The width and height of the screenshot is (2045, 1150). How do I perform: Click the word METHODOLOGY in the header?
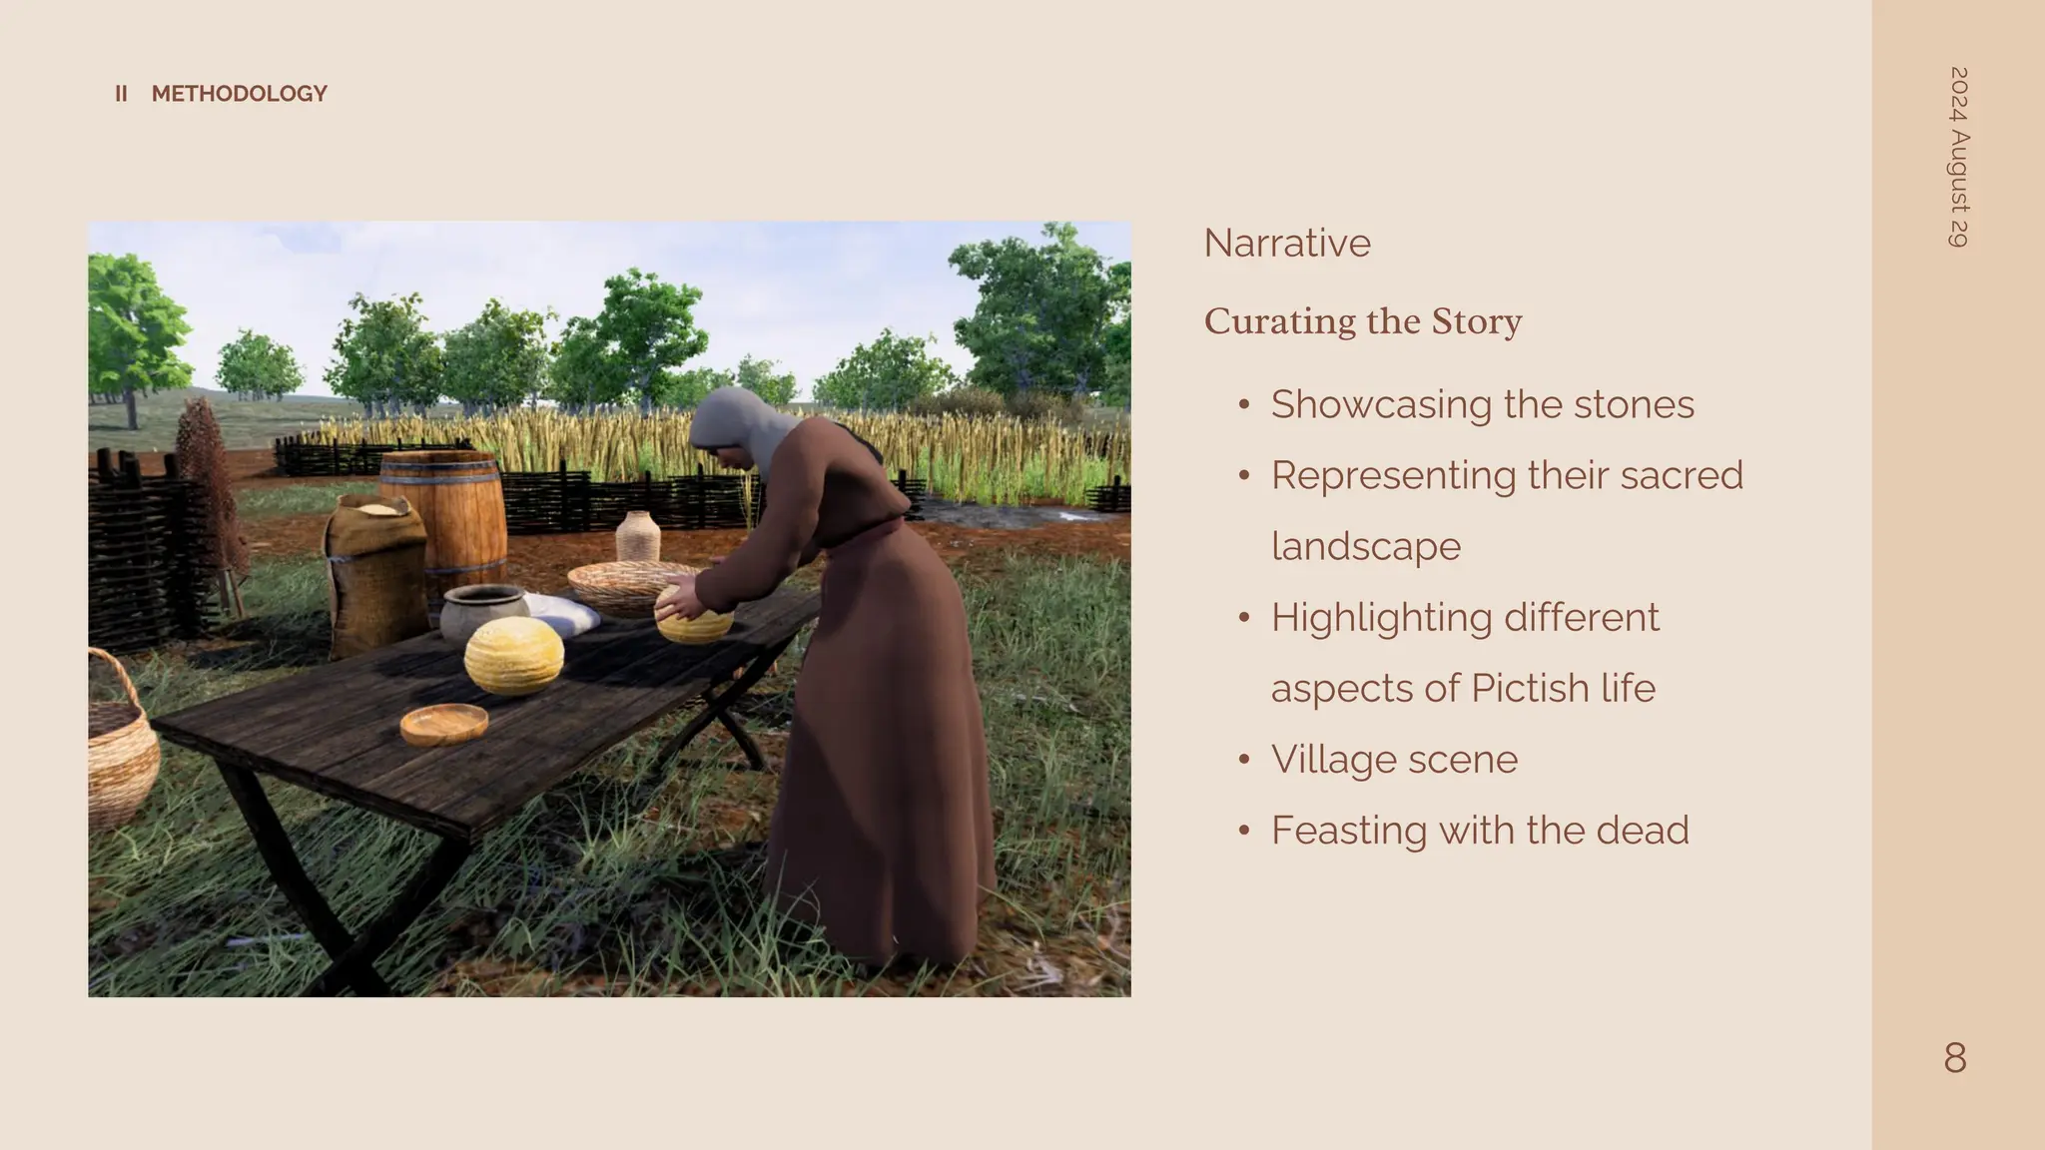click(x=239, y=94)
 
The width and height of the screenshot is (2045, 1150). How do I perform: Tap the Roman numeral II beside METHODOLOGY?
click(x=121, y=94)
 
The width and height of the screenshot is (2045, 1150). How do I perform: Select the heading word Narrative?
click(x=1287, y=243)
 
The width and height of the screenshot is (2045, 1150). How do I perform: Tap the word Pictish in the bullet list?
click(x=1529, y=688)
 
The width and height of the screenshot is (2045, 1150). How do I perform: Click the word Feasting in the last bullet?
click(x=1348, y=830)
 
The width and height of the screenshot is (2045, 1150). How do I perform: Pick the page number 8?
click(x=1955, y=1058)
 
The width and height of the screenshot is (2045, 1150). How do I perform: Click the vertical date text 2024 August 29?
click(x=1959, y=157)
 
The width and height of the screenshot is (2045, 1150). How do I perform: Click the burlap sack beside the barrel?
click(x=374, y=574)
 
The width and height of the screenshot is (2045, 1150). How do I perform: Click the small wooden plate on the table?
click(x=444, y=723)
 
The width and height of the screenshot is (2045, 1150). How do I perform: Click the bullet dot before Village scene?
click(x=1243, y=760)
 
